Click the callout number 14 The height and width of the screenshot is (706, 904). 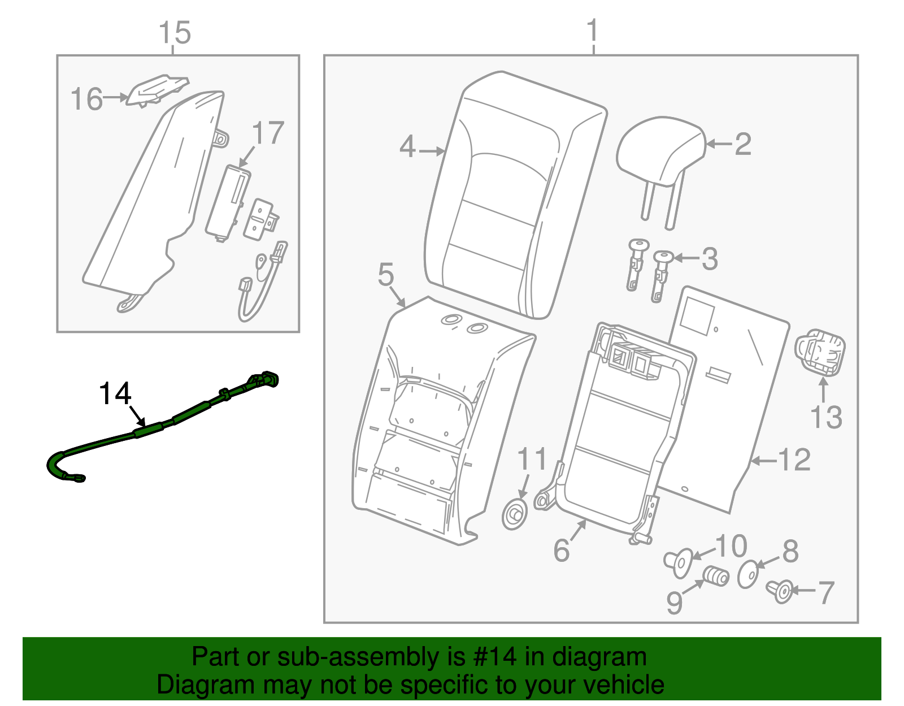tap(115, 393)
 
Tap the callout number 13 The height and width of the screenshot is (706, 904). tap(825, 418)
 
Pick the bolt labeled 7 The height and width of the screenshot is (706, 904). tap(781, 591)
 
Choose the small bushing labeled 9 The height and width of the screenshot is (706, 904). tap(716, 577)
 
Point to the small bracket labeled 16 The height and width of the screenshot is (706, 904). tap(155, 89)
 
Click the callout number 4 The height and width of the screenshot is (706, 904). tap(407, 147)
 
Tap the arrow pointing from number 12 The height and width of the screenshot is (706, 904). tap(763, 461)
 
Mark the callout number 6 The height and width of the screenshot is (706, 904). tap(561, 550)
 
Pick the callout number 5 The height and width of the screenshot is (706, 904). tap(386, 275)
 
